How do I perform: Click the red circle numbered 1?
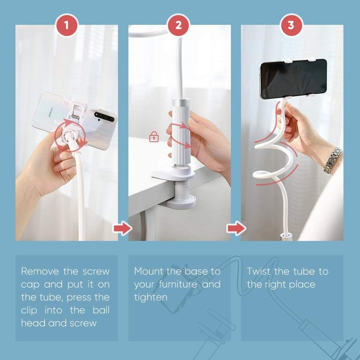tap(67, 25)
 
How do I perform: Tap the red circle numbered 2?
tap(178, 25)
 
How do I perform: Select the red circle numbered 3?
tap(291, 25)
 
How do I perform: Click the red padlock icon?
tap(154, 137)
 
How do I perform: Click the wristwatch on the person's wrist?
tap(332, 160)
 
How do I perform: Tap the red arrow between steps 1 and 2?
tap(122, 228)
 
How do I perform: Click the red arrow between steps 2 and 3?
tap(236, 228)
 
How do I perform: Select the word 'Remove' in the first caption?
tap(40, 272)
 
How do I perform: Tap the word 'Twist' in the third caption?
tap(259, 272)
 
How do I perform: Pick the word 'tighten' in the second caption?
tap(151, 297)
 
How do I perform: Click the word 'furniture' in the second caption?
tap(178, 284)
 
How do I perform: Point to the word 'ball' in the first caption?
tap(101, 310)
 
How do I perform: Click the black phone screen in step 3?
tap(294, 78)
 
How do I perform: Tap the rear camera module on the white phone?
tap(104, 117)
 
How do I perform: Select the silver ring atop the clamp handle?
tap(181, 102)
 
